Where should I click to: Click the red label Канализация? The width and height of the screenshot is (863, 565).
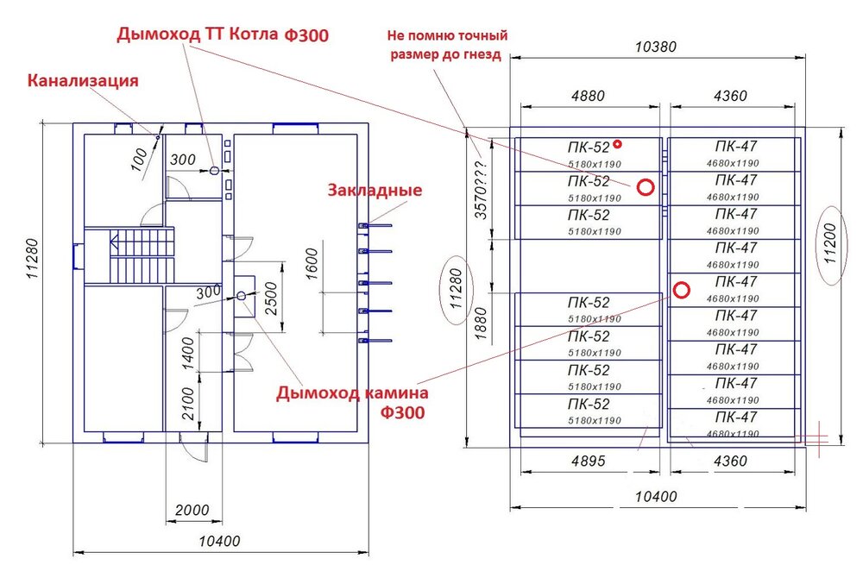pos(84,82)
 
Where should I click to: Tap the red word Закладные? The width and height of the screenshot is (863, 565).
pos(374,190)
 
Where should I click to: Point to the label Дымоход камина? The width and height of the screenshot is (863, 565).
pos(352,393)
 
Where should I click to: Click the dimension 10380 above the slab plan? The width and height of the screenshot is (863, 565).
pos(657,47)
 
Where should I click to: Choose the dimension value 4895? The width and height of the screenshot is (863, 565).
pos(588,461)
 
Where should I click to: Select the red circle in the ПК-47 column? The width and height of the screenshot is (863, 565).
pos(681,290)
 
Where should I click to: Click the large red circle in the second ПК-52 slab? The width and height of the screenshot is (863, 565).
pos(645,187)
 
